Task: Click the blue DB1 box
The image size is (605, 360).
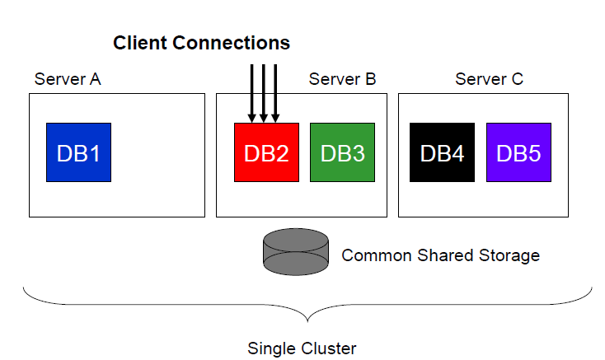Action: (x=78, y=152)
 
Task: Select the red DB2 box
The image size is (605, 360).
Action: (x=266, y=152)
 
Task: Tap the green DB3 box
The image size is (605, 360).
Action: (x=342, y=152)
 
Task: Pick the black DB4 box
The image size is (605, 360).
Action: (x=442, y=152)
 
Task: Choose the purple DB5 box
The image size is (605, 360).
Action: (x=518, y=152)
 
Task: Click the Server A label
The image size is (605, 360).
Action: (x=68, y=79)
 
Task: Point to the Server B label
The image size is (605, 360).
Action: (x=342, y=79)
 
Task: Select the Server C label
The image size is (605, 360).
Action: (x=489, y=79)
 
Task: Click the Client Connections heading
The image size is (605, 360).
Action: (x=201, y=42)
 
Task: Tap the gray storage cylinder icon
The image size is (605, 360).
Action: (x=295, y=253)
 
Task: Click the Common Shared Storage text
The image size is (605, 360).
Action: (x=440, y=255)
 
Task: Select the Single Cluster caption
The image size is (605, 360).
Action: (x=302, y=348)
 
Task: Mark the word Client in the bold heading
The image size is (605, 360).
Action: (x=138, y=42)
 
